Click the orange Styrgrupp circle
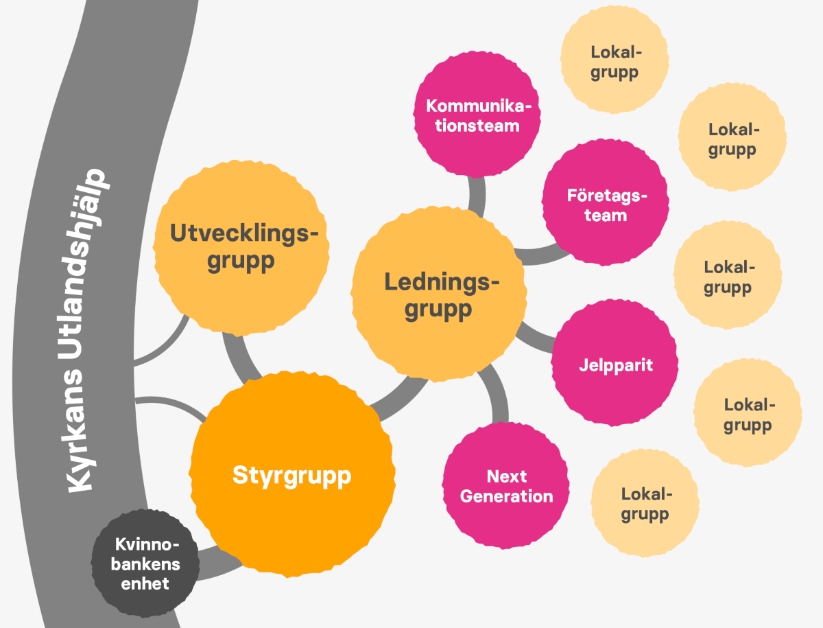click(x=291, y=474)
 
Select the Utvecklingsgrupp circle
click(x=241, y=248)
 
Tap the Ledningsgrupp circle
click(x=439, y=294)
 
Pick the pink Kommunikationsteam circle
click(x=477, y=115)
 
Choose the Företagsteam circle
click(x=606, y=202)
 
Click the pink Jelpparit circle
click(x=615, y=363)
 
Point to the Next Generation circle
click(x=505, y=486)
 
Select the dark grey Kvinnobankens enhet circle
click(x=145, y=563)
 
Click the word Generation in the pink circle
click(x=507, y=497)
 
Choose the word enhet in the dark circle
click(x=145, y=584)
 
